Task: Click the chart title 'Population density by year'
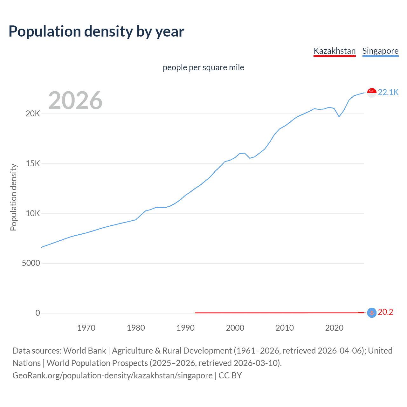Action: pyautogui.click(x=96, y=31)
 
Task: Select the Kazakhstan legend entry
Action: pyautogui.click(x=335, y=51)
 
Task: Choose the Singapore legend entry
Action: pyautogui.click(x=380, y=51)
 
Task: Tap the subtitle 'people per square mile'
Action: pyautogui.click(x=203, y=67)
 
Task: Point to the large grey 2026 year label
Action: pyautogui.click(x=75, y=100)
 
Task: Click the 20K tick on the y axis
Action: pyautogui.click(x=33, y=114)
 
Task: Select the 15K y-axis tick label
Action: pyautogui.click(x=33, y=164)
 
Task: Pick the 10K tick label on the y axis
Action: pyautogui.click(x=33, y=213)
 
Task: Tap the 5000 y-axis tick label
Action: pyautogui.click(x=31, y=263)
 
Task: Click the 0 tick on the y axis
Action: pyautogui.click(x=38, y=313)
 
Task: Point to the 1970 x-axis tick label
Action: pyautogui.click(x=86, y=328)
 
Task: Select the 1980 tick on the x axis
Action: pyautogui.click(x=136, y=328)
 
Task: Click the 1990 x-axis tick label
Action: pyautogui.click(x=185, y=328)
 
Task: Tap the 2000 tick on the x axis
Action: pyautogui.click(x=235, y=328)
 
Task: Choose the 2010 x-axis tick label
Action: pyautogui.click(x=285, y=328)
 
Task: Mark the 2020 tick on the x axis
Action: pyautogui.click(x=334, y=328)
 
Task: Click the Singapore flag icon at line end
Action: pyautogui.click(x=372, y=93)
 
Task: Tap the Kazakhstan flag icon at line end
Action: pyautogui.click(x=372, y=313)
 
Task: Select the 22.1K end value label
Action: pyautogui.click(x=388, y=92)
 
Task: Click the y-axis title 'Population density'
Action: pyautogui.click(x=13, y=197)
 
